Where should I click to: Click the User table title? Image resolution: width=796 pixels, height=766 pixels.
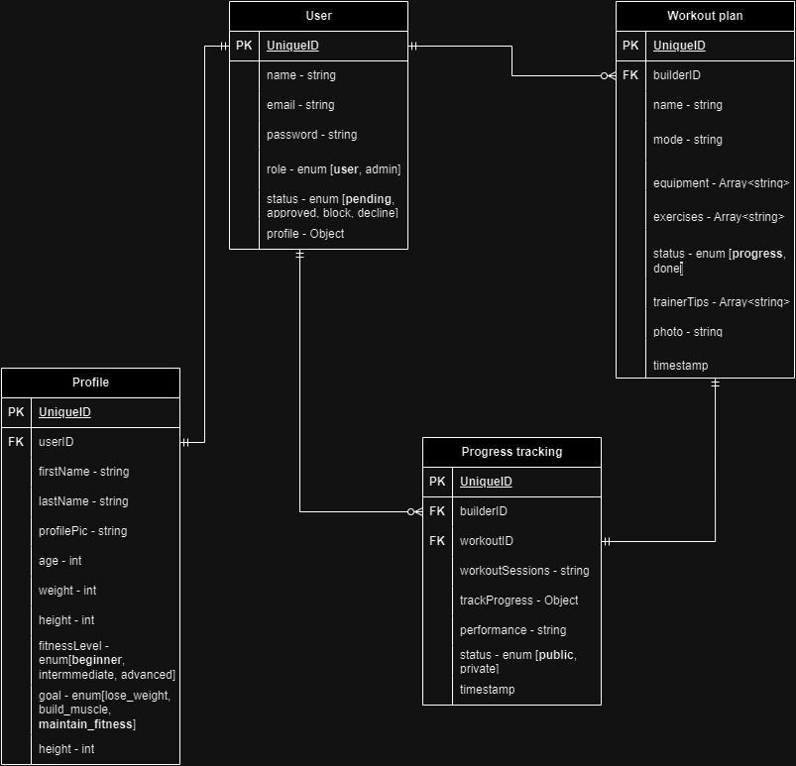[x=318, y=16]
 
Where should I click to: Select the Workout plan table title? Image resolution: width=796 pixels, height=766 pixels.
[x=705, y=16]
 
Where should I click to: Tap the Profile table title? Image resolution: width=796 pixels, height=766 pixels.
[x=90, y=383]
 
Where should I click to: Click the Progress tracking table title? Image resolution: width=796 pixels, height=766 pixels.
[x=512, y=452]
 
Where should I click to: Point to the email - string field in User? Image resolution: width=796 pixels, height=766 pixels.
[x=300, y=105]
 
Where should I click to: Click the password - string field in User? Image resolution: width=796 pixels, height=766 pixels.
[x=311, y=135]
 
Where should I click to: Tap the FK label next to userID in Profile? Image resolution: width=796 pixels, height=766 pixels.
[x=16, y=442]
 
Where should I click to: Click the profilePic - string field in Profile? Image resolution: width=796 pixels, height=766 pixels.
[x=83, y=531]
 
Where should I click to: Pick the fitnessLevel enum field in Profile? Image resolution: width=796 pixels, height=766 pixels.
[x=106, y=660]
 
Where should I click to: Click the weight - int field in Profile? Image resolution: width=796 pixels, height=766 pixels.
[x=67, y=591]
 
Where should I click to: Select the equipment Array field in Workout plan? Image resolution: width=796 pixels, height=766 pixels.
[x=721, y=183]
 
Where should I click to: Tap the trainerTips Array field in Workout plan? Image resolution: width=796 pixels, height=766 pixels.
[x=721, y=302]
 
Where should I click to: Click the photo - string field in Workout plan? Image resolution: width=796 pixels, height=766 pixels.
[x=688, y=332]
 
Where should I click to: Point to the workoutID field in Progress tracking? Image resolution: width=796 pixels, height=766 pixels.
[x=487, y=541]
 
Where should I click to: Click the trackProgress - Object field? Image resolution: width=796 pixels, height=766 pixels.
[x=518, y=601]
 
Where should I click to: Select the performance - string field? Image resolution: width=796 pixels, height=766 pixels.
[x=512, y=630]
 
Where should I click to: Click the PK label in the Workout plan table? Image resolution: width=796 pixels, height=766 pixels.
[x=630, y=46]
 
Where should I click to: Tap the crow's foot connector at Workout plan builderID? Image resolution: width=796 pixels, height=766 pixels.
[x=608, y=75]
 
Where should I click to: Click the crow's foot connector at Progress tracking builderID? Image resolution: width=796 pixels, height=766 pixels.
[x=414, y=511]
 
